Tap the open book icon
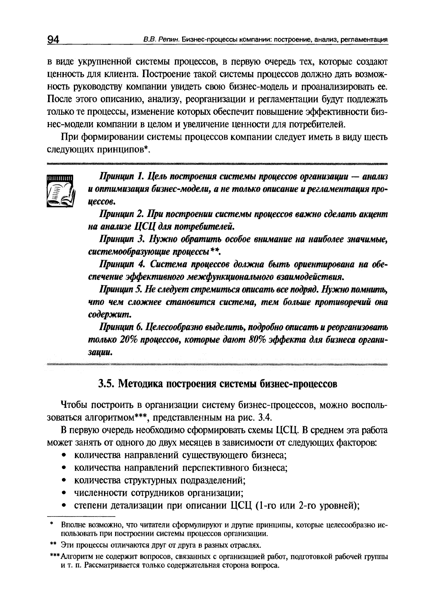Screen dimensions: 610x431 60,191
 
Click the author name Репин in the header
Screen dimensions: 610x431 169,40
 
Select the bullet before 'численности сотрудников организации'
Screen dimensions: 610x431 64,493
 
